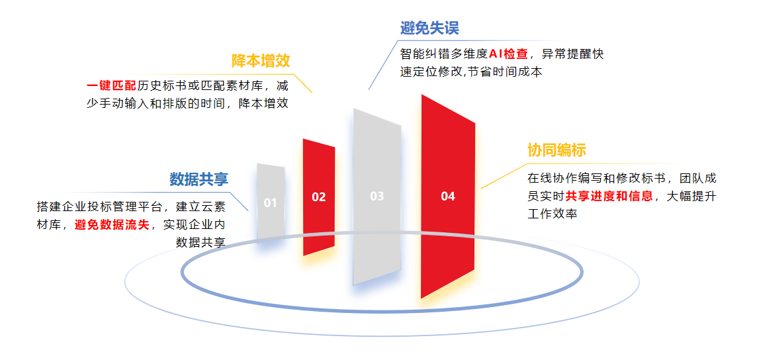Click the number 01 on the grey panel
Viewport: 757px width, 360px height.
pos(271,202)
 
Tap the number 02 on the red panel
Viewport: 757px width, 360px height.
pos(319,197)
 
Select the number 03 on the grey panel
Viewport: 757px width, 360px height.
pos(377,196)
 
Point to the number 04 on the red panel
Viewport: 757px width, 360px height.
pos(448,196)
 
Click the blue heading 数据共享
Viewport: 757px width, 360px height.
pos(199,179)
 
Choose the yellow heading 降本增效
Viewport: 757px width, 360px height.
pos(261,61)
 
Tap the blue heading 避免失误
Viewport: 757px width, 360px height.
pos(429,28)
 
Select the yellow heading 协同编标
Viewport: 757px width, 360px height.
pos(557,150)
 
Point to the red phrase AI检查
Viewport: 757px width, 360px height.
pos(508,54)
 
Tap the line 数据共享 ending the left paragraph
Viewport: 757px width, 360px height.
pos(201,242)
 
